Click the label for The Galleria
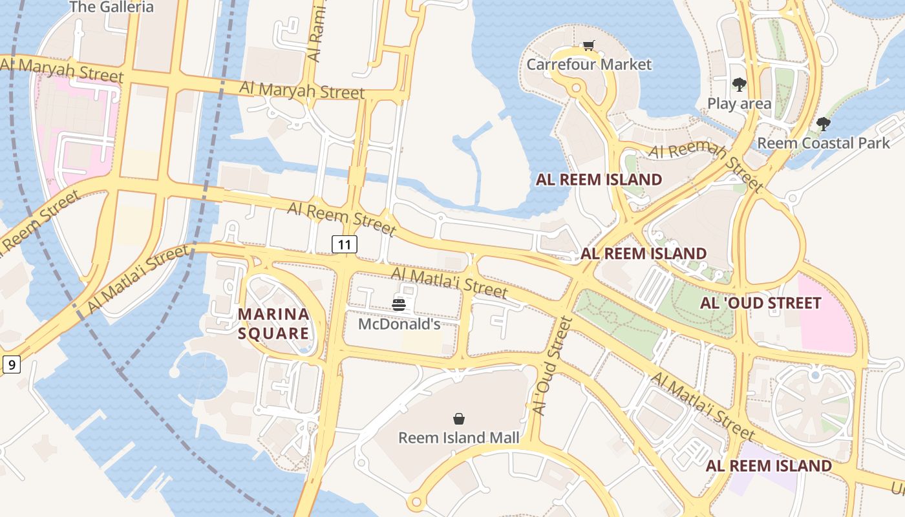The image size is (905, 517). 111,7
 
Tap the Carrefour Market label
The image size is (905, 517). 589,65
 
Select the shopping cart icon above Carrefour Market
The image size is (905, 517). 588,46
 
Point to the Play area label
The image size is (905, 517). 739,103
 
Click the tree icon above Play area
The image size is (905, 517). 739,85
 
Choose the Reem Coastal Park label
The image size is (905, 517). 823,143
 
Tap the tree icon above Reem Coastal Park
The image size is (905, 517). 823,124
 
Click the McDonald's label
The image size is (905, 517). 399,324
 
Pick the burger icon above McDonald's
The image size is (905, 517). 399,304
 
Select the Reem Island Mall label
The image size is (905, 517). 458,438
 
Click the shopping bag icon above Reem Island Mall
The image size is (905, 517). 459,419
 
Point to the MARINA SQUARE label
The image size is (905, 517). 273,324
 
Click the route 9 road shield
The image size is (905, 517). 12,365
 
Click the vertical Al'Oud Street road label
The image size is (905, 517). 551,366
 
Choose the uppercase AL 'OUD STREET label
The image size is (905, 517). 760,303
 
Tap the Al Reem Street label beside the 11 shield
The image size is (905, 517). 341,218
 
